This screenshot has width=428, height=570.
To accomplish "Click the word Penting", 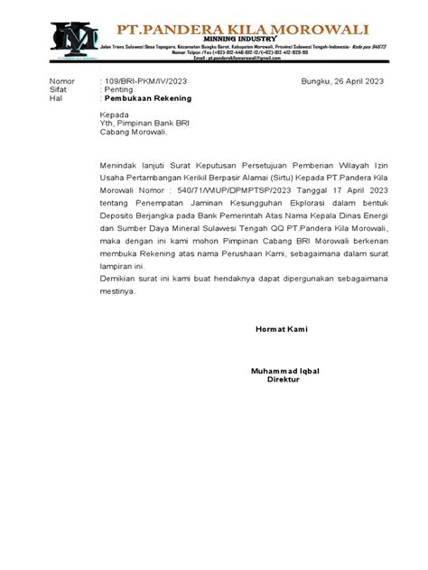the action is pyautogui.click(x=118, y=91).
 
